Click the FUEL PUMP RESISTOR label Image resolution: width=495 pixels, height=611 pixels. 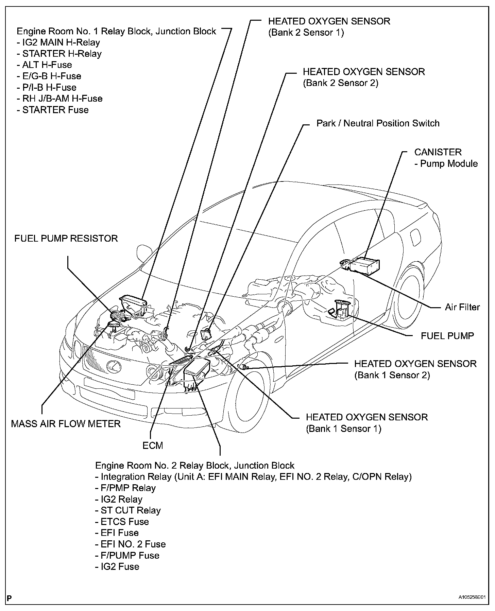66,238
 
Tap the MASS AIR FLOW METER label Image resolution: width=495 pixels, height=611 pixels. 66,424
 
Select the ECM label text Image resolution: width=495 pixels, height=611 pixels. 153,445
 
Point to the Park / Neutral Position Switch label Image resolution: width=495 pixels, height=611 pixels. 378,123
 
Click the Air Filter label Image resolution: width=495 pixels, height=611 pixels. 462,307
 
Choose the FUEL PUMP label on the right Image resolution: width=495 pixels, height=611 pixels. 447,336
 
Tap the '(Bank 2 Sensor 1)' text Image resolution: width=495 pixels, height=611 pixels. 306,33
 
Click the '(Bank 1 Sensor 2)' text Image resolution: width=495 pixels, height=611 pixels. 392,375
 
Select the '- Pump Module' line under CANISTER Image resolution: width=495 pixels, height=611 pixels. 446,163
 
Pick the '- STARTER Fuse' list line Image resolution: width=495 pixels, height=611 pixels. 53,110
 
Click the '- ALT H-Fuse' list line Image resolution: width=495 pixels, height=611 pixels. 44,65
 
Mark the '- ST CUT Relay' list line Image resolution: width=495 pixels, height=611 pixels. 128,510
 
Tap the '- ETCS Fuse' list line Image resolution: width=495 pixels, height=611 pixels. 122,521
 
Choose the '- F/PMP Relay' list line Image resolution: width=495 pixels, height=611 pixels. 125,488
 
